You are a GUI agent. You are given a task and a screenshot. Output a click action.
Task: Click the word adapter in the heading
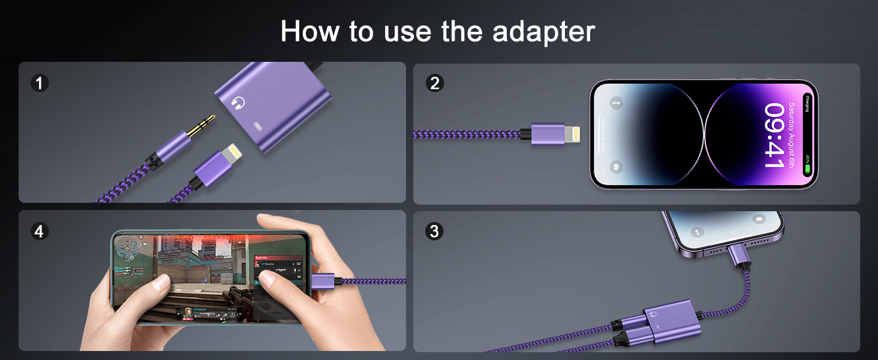(x=543, y=31)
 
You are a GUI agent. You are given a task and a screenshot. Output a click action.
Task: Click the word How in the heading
(x=314, y=31)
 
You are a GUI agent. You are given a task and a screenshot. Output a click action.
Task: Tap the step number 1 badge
(x=39, y=83)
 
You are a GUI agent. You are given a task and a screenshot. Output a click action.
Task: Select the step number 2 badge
(x=434, y=83)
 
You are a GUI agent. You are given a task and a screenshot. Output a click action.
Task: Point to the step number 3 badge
(x=434, y=231)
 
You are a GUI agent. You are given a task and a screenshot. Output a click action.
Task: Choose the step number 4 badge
(x=39, y=231)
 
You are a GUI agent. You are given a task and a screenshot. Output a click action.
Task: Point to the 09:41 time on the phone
(x=774, y=136)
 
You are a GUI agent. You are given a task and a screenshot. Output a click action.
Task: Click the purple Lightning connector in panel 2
(x=548, y=134)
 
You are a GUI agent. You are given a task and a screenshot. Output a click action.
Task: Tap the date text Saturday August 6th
(x=792, y=136)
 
